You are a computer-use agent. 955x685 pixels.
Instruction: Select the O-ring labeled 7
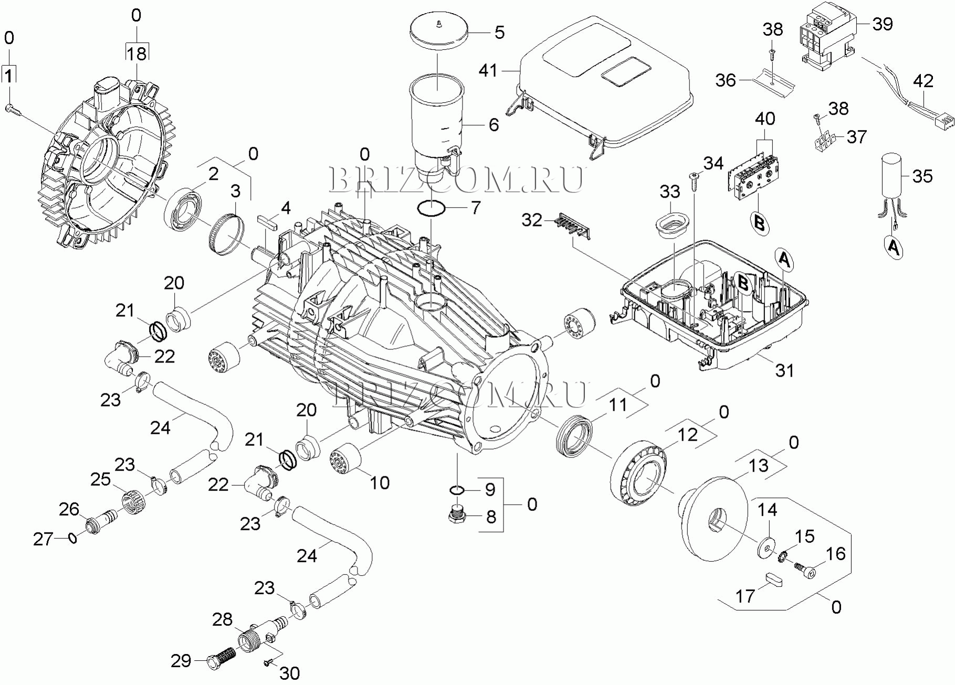(431, 208)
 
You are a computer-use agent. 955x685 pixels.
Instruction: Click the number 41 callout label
(488, 70)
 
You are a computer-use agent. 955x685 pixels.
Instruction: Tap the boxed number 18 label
(137, 53)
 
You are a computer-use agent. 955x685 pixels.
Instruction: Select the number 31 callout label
(784, 370)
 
